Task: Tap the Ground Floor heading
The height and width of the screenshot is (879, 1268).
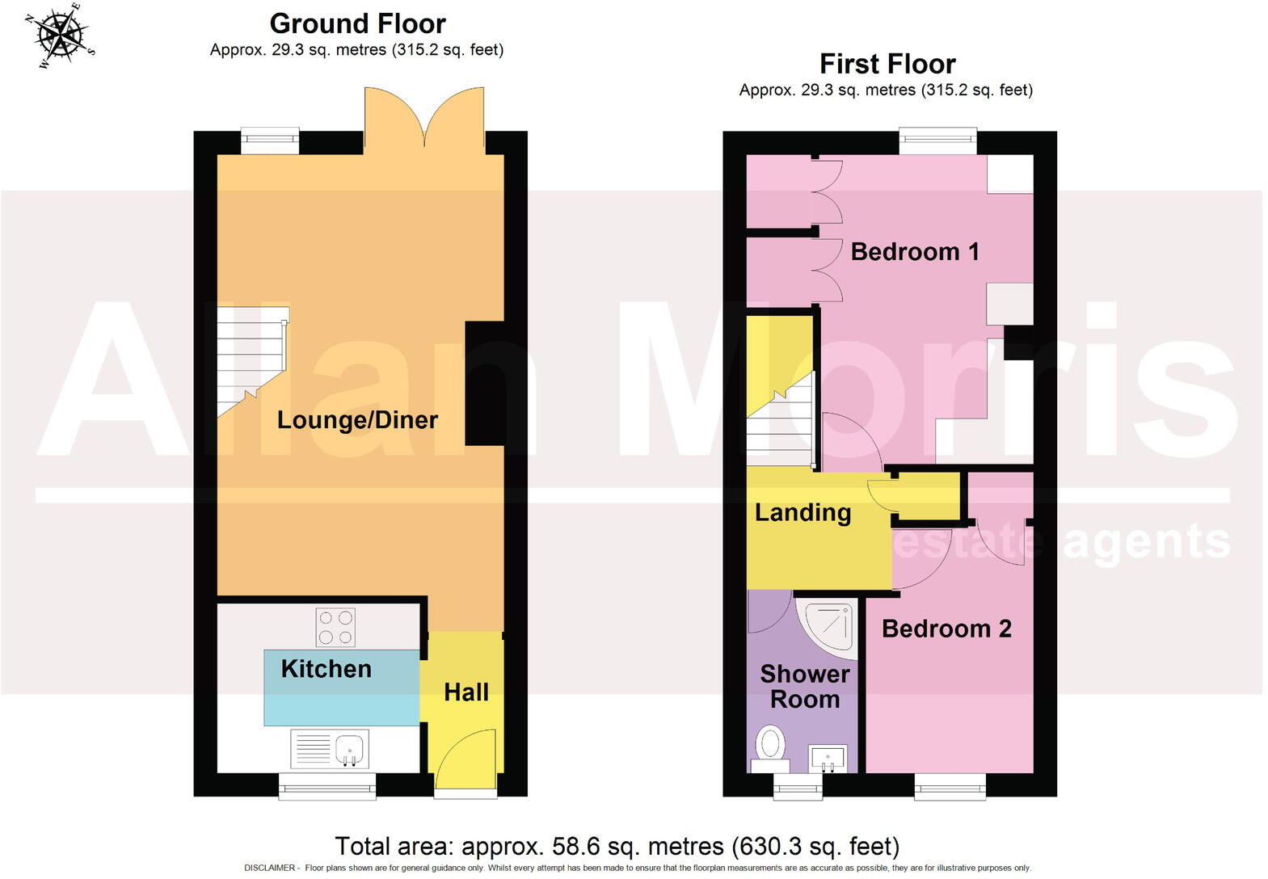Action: pyautogui.click(x=357, y=23)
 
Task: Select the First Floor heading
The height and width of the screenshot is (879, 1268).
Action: pyautogui.click(x=887, y=63)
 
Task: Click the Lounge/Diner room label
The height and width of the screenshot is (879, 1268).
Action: pyautogui.click(x=357, y=419)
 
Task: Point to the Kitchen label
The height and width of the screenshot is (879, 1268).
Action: pyautogui.click(x=326, y=668)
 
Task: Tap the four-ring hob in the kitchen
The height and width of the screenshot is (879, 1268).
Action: pyautogui.click(x=335, y=628)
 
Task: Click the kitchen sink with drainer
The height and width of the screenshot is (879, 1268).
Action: pyautogui.click(x=330, y=750)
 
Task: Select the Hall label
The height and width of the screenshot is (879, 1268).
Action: pyautogui.click(x=466, y=692)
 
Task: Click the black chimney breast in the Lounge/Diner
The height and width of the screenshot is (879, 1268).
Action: pyautogui.click(x=484, y=384)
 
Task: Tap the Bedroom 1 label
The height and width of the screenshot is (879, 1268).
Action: pyautogui.click(x=915, y=251)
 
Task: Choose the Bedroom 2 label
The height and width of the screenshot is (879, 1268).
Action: pyautogui.click(x=946, y=629)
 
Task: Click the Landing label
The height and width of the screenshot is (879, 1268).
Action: pyautogui.click(x=803, y=512)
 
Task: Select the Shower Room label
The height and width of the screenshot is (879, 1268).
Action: pyautogui.click(x=804, y=687)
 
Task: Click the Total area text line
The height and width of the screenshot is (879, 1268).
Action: pyautogui.click(x=617, y=846)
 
